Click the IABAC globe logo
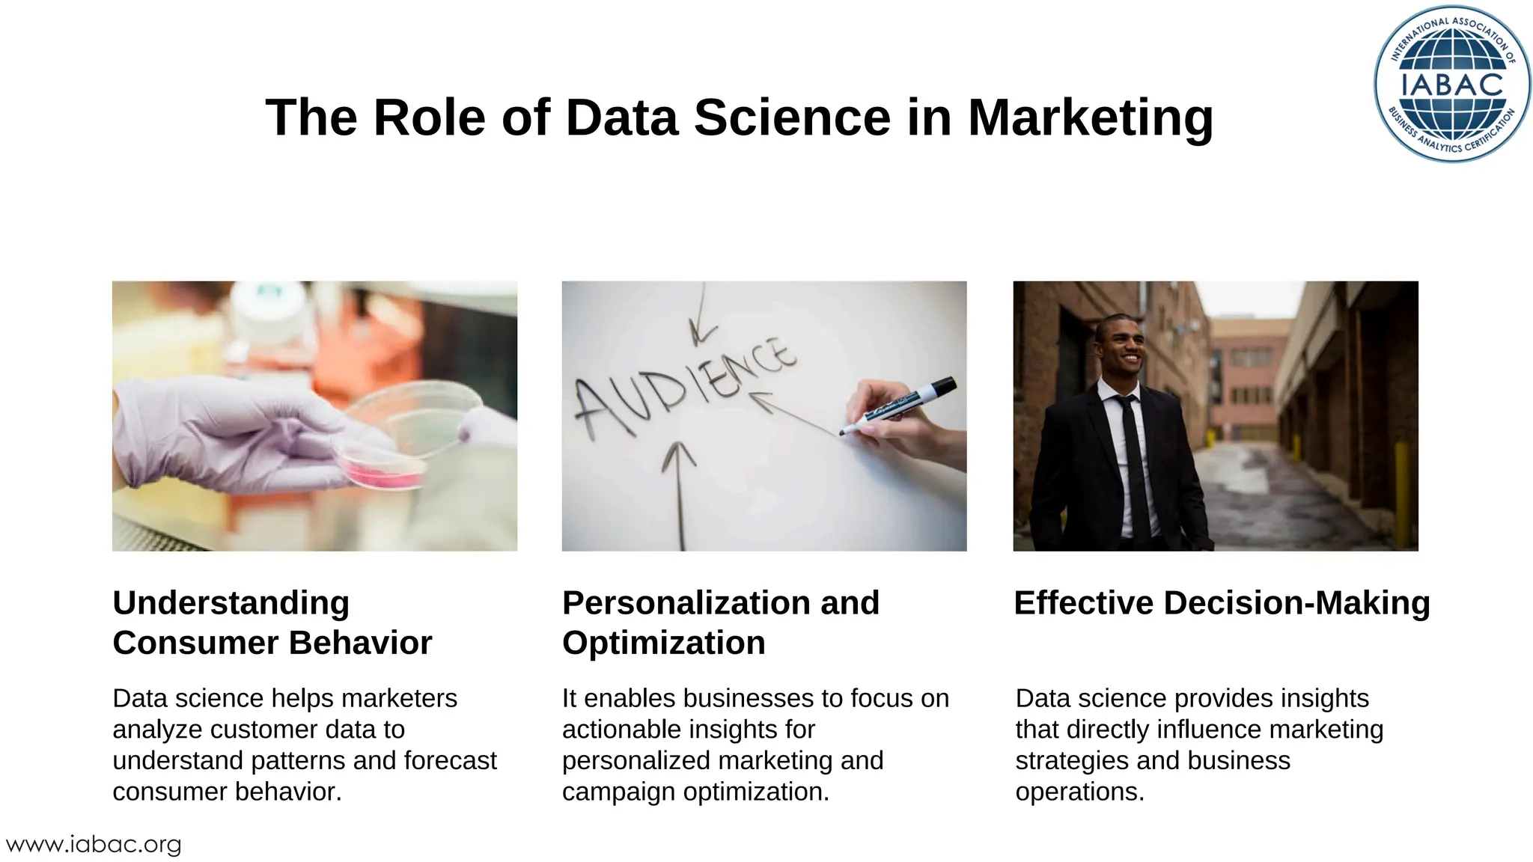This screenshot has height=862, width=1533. pos(1452,84)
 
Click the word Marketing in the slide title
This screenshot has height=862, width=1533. pos(1090,118)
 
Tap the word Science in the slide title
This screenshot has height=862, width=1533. pos(792,118)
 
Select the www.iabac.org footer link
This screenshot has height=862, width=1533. pos(94,845)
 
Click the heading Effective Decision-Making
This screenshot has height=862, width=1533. pos(1222,603)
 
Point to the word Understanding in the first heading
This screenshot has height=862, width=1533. pos(231,603)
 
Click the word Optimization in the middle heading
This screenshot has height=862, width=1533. pos(663,644)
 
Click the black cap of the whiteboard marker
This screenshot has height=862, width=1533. pos(942,388)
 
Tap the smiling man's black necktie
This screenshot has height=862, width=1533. pos(1133,464)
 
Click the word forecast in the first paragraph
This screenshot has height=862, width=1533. pos(450,761)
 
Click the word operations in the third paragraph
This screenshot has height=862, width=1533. pos(1079,792)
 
